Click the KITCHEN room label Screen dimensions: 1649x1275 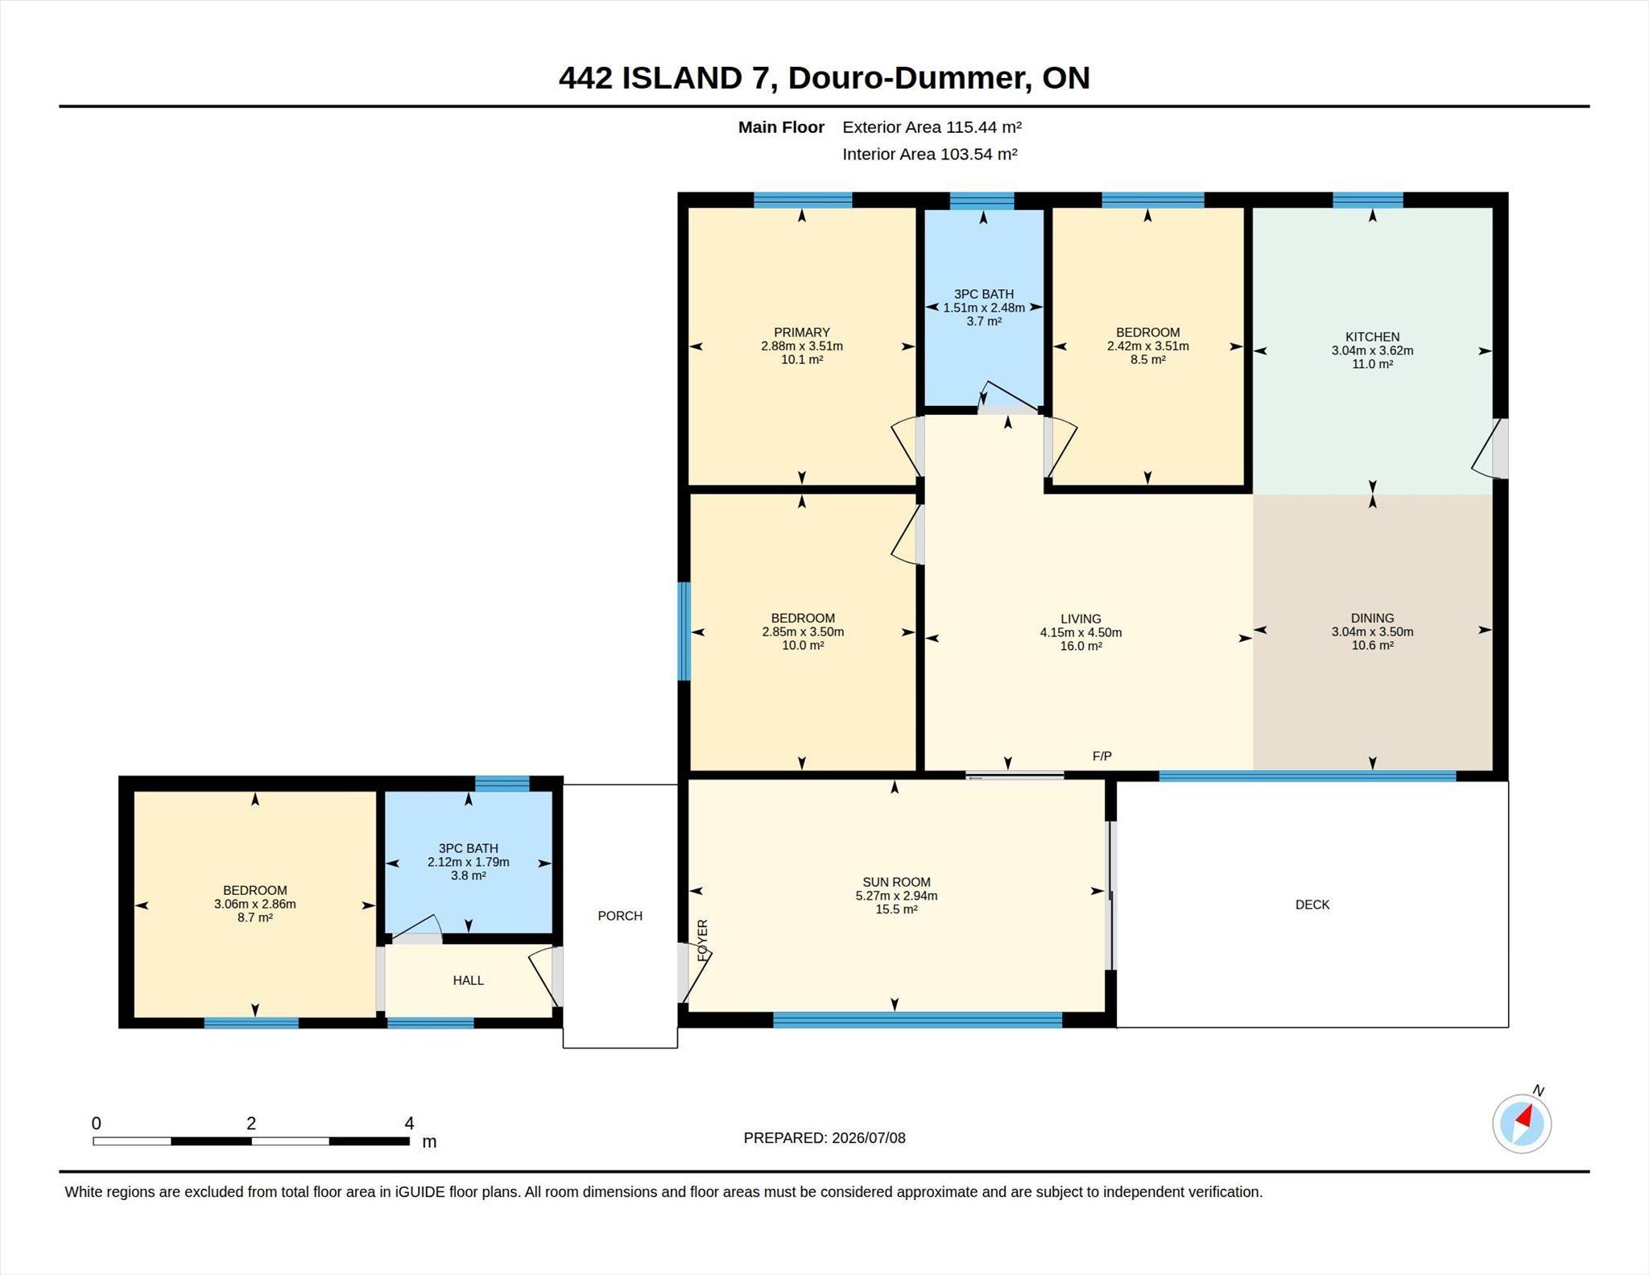point(1372,337)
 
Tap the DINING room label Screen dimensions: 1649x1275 point(1372,619)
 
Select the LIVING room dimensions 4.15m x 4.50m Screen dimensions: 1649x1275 point(1081,632)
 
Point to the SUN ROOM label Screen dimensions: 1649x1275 point(896,882)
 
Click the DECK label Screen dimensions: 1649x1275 point(1312,905)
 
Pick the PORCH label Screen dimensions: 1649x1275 point(620,916)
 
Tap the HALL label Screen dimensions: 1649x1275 point(468,980)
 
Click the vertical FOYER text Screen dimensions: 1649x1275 point(702,940)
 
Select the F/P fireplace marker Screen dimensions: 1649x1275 point(1102,755)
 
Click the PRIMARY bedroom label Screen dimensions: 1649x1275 point(801,332)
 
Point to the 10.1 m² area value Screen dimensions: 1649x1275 point(802,359)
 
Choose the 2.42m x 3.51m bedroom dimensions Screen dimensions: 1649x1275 point(1147,346)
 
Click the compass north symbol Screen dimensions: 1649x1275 point(1522,1123)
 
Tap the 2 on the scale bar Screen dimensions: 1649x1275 point(251,1123)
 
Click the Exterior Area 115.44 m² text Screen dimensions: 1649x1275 point(932,126)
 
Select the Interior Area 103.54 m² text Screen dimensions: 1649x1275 point(930,154)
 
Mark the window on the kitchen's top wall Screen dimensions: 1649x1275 point(1367,200)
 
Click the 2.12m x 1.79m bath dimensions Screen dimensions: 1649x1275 point(468,862)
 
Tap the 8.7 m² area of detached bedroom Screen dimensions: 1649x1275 point(254,917)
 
